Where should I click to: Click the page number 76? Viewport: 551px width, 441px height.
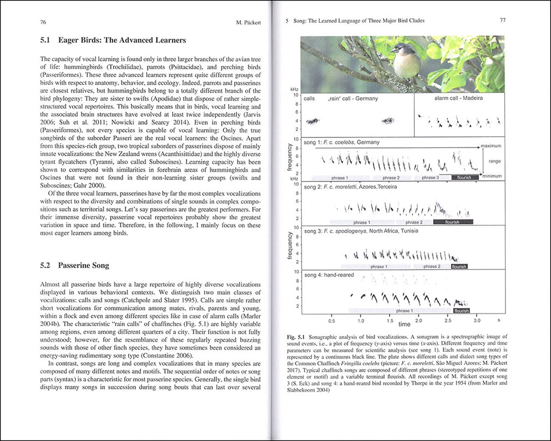pyautogui.click(x=43, y=23)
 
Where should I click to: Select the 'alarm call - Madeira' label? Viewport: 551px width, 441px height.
pyautogui.click(x=457, y=99)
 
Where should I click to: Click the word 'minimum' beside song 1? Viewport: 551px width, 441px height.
pyautogui.click(x=492, y=176)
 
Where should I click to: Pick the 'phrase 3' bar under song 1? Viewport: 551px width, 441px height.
pyautogui.click(x=430, y=177)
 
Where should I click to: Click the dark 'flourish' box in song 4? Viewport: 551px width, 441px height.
pyautogui.click(x=462, y=311)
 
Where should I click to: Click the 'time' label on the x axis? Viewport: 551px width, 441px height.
pyautogui.click(x=404, y=324)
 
